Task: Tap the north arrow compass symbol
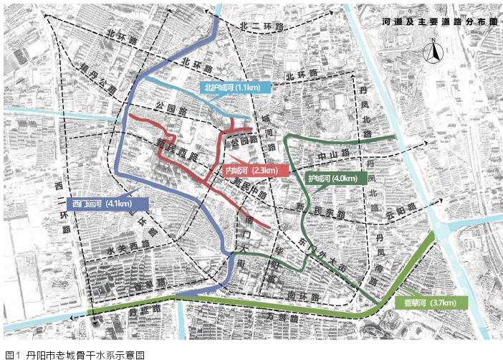433,51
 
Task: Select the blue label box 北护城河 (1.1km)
234,88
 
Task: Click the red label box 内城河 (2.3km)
252,171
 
